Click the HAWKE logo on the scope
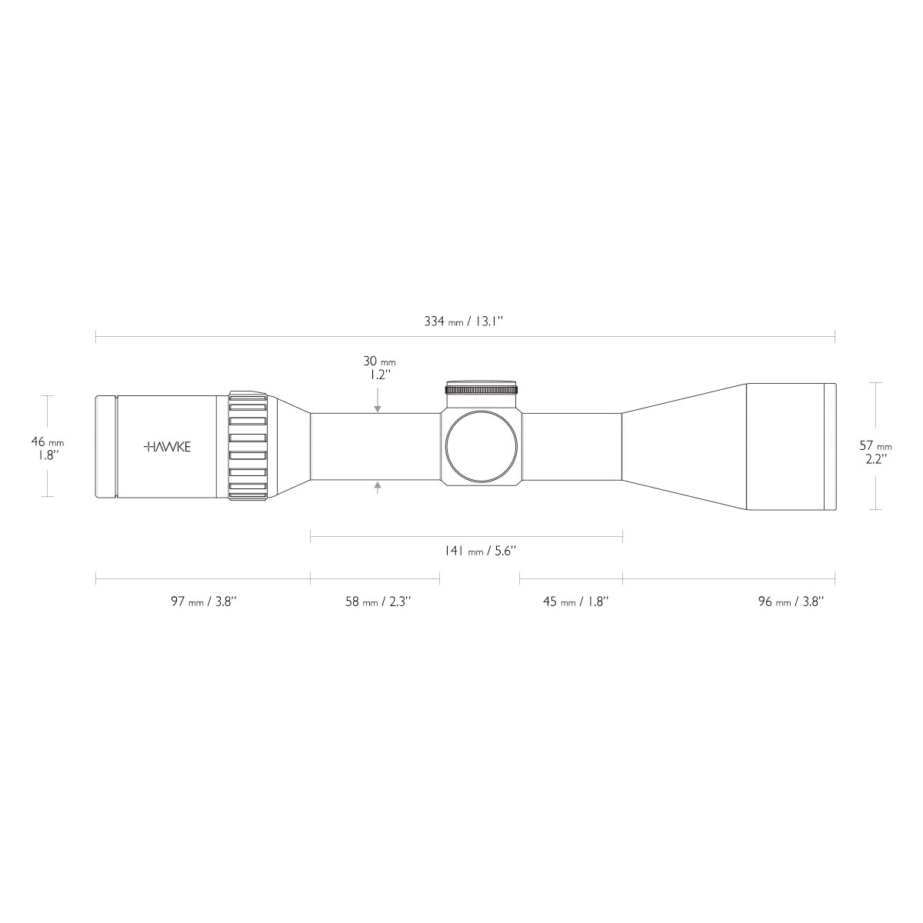(167, 447)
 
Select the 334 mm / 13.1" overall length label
(464, 322)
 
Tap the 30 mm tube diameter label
(379, 362)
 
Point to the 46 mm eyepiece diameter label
(48, 442)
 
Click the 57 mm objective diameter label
(876, 445)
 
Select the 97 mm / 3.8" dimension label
(204, 601)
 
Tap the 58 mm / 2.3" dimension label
(378, 601)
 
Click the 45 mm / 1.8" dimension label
(576, 601)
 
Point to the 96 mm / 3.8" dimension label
(791, 601)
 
